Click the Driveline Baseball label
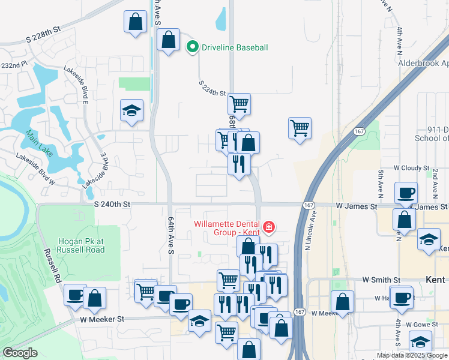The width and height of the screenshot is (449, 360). click(x=234, y=47)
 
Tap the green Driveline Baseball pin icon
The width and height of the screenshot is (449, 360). click(x=193, y=47)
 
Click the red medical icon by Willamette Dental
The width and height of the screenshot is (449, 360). click(x=269, y=227)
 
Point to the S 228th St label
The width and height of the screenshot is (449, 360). click(x=44, y=29)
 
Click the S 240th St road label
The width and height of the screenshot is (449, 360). click(x=112, y=204)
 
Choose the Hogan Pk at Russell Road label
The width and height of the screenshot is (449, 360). click(x=81, y=245)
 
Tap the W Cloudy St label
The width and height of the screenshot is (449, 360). click(x=411, y=169)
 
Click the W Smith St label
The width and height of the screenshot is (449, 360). click(x=381, y=280)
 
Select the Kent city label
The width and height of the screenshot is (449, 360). click(x=435, y=280)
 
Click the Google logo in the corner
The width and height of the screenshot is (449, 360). click(x=20, y=353)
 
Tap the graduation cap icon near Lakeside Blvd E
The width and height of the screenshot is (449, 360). click(x=131, y=111)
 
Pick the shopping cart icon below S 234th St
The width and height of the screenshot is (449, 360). click(x=239, y=104)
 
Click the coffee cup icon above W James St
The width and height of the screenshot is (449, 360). click(x=406, y=193)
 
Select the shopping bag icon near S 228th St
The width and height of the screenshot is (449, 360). click(x=136, y=22)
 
